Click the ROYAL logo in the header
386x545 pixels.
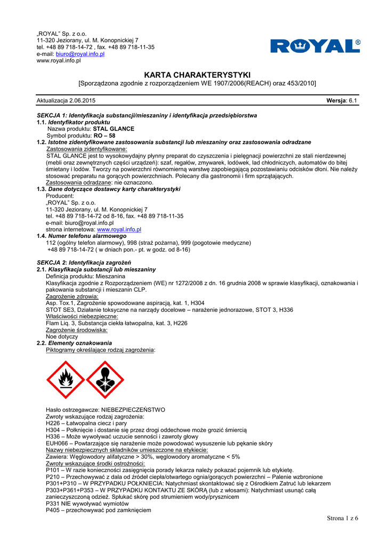[x=315, y=46]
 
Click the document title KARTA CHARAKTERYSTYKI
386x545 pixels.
[x=197, y=75]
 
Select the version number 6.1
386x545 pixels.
[x=353, y=101]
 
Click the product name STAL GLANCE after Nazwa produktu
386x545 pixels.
[x=114, y=129]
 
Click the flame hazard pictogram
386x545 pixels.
[x=65, y=379]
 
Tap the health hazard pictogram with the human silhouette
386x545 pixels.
[x=104, y=379]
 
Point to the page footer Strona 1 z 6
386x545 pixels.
[x=342, y=518]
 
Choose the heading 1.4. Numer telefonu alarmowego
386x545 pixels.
[x=82, y=236]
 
